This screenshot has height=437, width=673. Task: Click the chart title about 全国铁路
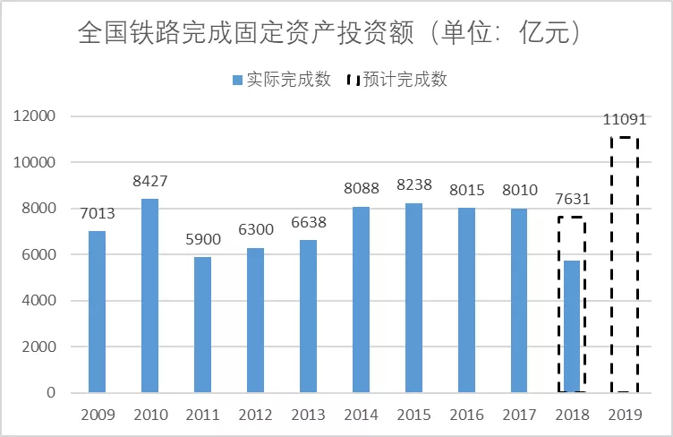click(331, 34)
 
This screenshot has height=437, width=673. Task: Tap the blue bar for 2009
click(97, 312)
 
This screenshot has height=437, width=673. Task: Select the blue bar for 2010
click(149, 296)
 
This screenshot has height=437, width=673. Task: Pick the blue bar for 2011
click(202, 324)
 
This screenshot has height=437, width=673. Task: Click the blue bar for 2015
click(413, 297)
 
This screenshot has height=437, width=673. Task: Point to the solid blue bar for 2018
click(572, 326)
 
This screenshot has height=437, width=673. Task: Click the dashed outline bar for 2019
click(624, 264)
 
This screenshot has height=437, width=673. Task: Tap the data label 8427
click(149, 182)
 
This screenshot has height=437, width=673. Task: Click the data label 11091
click(624, 119)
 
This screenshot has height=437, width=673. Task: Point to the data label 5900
click(202, 240)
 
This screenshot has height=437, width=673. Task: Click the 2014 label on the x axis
click(361, 416)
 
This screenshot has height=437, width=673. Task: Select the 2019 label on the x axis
click(624, 416)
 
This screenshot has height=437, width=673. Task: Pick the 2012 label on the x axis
click(255, 416)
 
